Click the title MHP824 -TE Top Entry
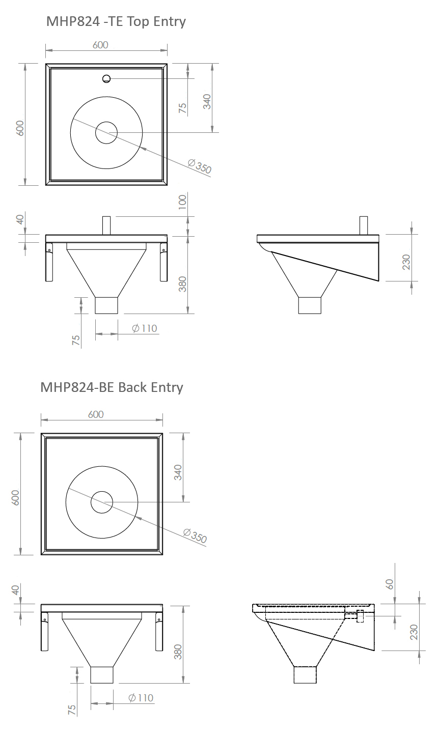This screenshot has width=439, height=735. pyautogui.click(x=116, y=22)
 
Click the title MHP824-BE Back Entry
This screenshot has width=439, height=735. pyautogui.click(x=112, y=387)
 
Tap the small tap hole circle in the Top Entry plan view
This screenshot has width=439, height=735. pyautogui.click(x=106, y=79)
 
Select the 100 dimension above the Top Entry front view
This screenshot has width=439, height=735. pyautogui.click(x=182, y=202)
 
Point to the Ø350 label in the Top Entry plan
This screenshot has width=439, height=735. pyautogui.click(x=200, y=166)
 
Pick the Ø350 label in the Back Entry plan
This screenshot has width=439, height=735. pyautogui.click(x=195, y=536)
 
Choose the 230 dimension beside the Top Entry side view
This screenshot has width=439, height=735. pyautogui.click(x=406, y=262)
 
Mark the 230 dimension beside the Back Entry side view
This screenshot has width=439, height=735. pyautogui.click(x=414, y=632)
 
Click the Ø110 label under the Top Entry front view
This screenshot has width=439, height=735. pyautogui.click(x=145, y=328)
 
